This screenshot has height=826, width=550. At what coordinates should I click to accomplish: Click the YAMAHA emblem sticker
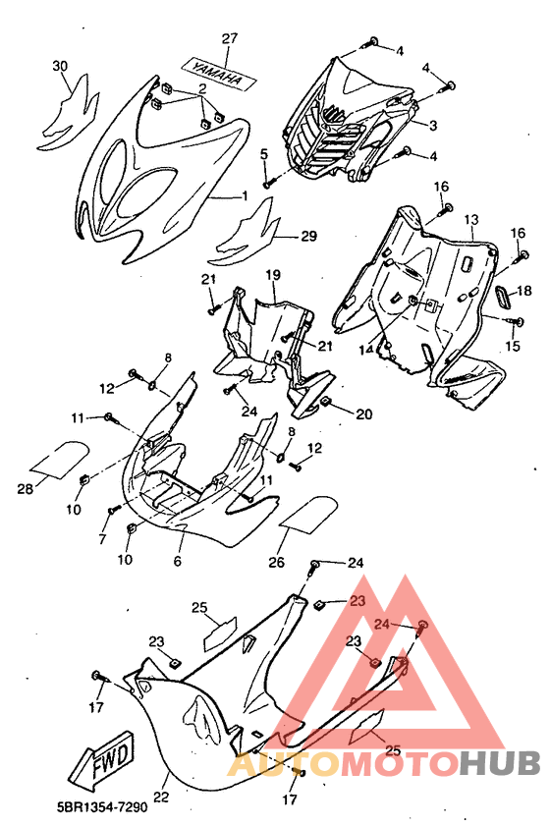click(218, 72)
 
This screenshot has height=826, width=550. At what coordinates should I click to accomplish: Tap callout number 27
click(229, 38)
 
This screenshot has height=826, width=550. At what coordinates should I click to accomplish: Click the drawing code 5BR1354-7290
click(102, 806)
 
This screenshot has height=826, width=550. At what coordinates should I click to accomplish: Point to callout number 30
click(60, 66)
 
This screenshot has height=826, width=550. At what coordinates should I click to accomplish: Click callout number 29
click(308, 236)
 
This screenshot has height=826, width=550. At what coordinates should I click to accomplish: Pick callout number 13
click(471, 219)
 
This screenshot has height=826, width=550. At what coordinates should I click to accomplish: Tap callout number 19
click(273, 274)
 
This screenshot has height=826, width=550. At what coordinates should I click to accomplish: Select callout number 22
click(161, 797)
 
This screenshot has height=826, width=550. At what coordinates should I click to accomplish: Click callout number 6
click(177, 561)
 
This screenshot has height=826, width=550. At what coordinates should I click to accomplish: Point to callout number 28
click(26, 489)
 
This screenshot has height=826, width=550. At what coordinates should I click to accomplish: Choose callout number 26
click(277, 563)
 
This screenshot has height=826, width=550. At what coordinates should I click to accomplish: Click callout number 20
click(363, 414)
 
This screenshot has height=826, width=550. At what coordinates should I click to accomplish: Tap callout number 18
click(523, 291)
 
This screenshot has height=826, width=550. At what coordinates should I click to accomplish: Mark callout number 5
click(264, 154)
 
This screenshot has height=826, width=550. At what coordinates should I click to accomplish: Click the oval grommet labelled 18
click(503, 299)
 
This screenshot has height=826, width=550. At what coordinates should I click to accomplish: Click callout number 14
click(366, 350)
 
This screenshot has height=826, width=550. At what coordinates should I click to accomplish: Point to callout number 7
click(102, 538)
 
